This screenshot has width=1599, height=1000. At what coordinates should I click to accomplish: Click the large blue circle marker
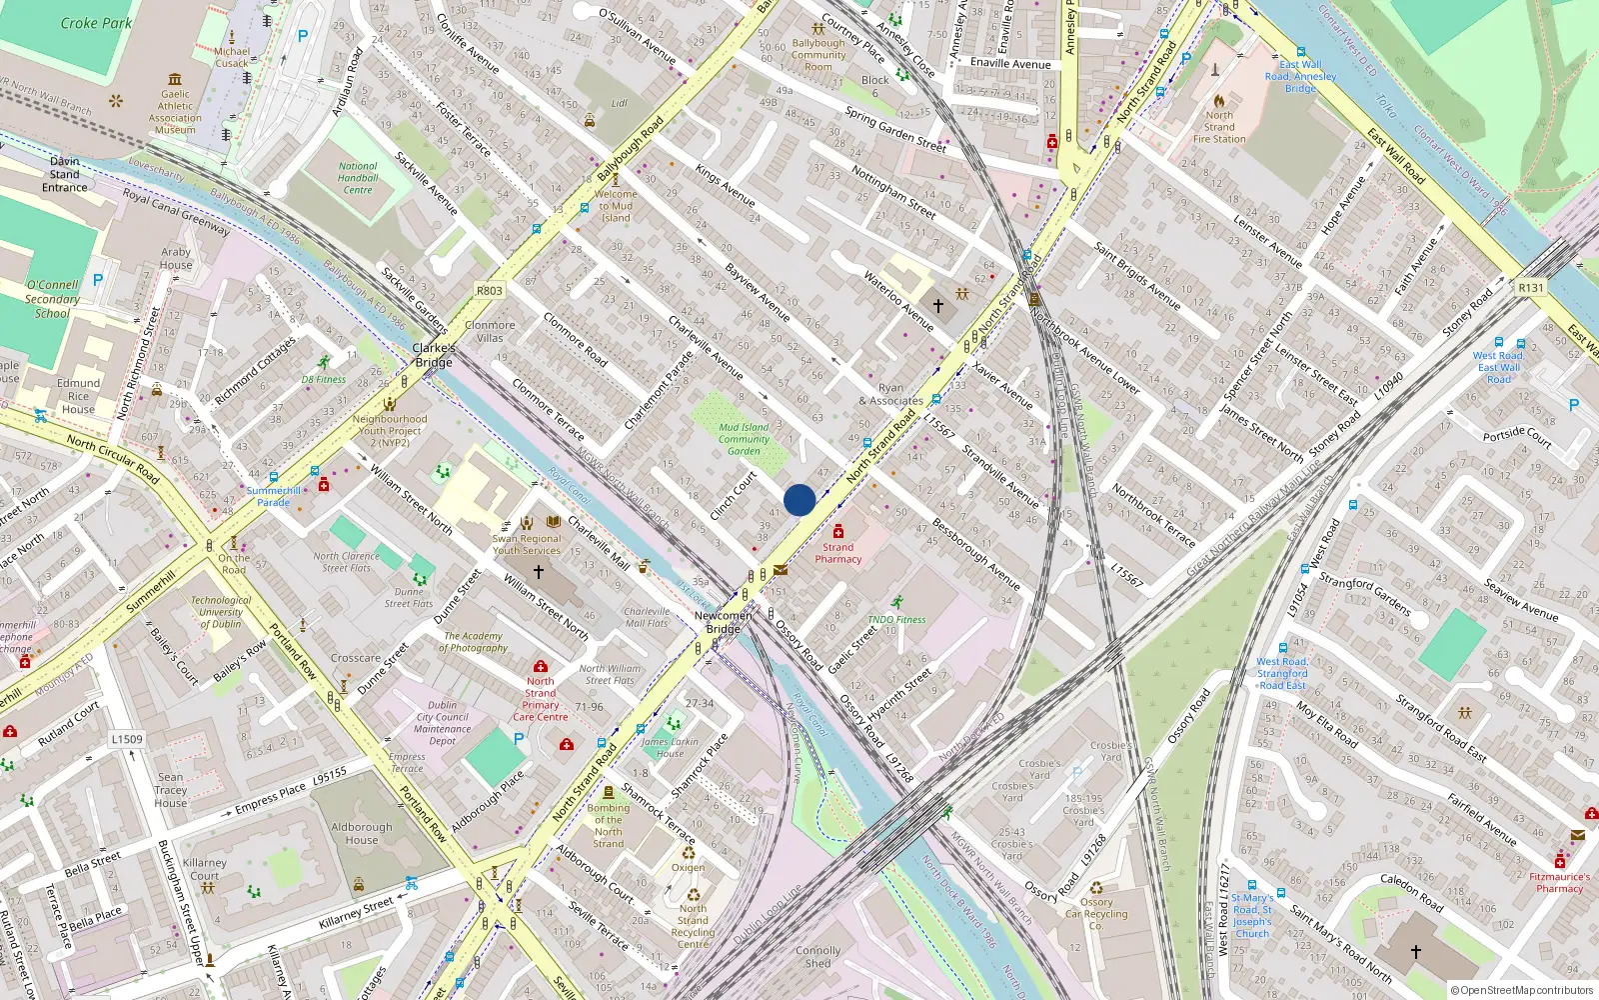pos(799,500)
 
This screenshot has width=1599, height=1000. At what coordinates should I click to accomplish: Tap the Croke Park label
pos(96,23)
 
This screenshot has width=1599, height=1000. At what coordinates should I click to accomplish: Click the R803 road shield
pos(490,291)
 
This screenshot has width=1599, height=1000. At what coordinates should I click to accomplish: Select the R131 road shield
pos(1530,288)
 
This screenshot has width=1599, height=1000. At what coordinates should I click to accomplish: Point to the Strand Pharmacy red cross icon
pos(838,531)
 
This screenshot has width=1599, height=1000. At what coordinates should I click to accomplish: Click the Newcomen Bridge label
pos(723,622)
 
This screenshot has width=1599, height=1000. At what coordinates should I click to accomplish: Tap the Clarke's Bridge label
pos(434,355)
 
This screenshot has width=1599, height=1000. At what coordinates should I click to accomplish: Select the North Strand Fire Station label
pos(1219,127)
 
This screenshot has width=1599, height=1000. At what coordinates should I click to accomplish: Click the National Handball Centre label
pos(358,178)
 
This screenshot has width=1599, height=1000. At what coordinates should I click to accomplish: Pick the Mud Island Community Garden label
pos(744,439)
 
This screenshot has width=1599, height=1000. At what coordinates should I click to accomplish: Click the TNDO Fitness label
pos(896,620)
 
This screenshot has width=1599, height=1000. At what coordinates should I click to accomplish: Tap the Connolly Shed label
pos(817,957)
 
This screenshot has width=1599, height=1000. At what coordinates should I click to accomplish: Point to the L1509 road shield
pos(127,739)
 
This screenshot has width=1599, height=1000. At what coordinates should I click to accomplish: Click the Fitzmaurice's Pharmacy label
pos(1559,882)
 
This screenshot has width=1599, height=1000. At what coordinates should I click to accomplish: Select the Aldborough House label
pos(362,833)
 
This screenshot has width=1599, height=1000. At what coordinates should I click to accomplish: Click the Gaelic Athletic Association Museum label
pos(175,112)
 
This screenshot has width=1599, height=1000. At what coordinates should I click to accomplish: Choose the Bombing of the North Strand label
pos(608,826)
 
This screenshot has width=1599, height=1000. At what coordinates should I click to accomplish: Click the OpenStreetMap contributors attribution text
pos(1522,990)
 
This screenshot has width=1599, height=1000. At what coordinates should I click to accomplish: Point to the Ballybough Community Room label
pos(818,55)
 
